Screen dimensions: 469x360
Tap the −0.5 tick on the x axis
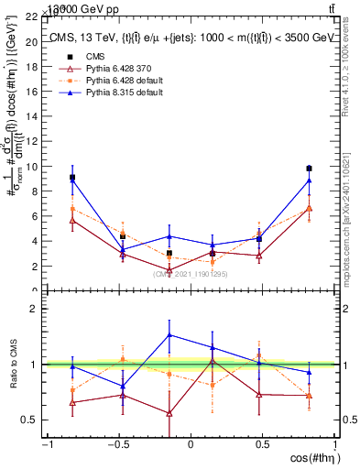(x=117, y=444)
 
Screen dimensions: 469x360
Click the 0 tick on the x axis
(x=191, y=444)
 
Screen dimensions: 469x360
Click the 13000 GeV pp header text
(x=64, y=7)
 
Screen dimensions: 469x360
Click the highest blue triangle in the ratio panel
(x=169, y=334)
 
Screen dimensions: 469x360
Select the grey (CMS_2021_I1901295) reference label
(x=191, y=274)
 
